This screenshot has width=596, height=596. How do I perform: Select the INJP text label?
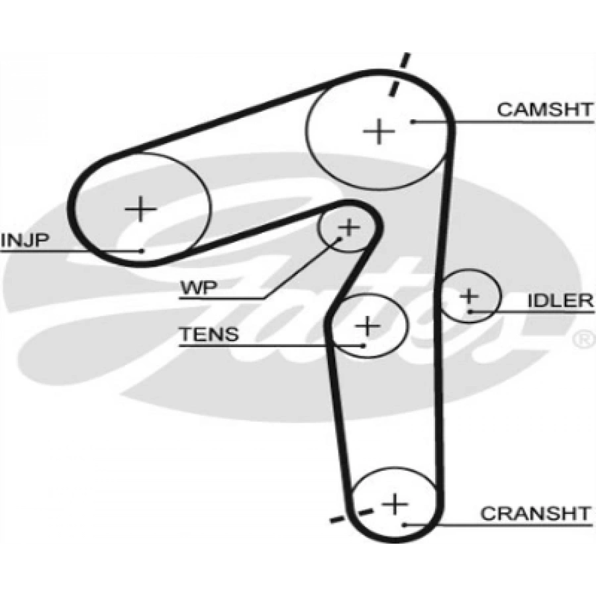(25, 240)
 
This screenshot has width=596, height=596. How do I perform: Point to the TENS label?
(209, 334)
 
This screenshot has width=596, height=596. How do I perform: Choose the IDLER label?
(560, 301)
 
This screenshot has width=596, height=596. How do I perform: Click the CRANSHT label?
(534, 513)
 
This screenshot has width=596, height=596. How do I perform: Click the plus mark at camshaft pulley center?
(379, 131)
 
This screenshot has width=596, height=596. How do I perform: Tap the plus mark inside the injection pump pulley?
(140, 209)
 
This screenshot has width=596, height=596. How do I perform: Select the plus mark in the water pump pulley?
(348, 228)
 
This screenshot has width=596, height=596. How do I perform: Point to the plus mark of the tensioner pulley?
(368, 325)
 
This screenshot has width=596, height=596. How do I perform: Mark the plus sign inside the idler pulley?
(469, 295)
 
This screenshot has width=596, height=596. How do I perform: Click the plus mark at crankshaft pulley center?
(395, 505)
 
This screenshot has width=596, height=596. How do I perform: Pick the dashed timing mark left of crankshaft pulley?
(349, 514)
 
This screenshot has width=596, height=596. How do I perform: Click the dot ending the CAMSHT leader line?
(412, 121)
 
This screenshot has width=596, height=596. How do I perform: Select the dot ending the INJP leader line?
(142, 250)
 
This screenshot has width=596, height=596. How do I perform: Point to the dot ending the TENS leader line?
(363, 345)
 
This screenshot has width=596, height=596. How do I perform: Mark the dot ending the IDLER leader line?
(469, 311)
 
